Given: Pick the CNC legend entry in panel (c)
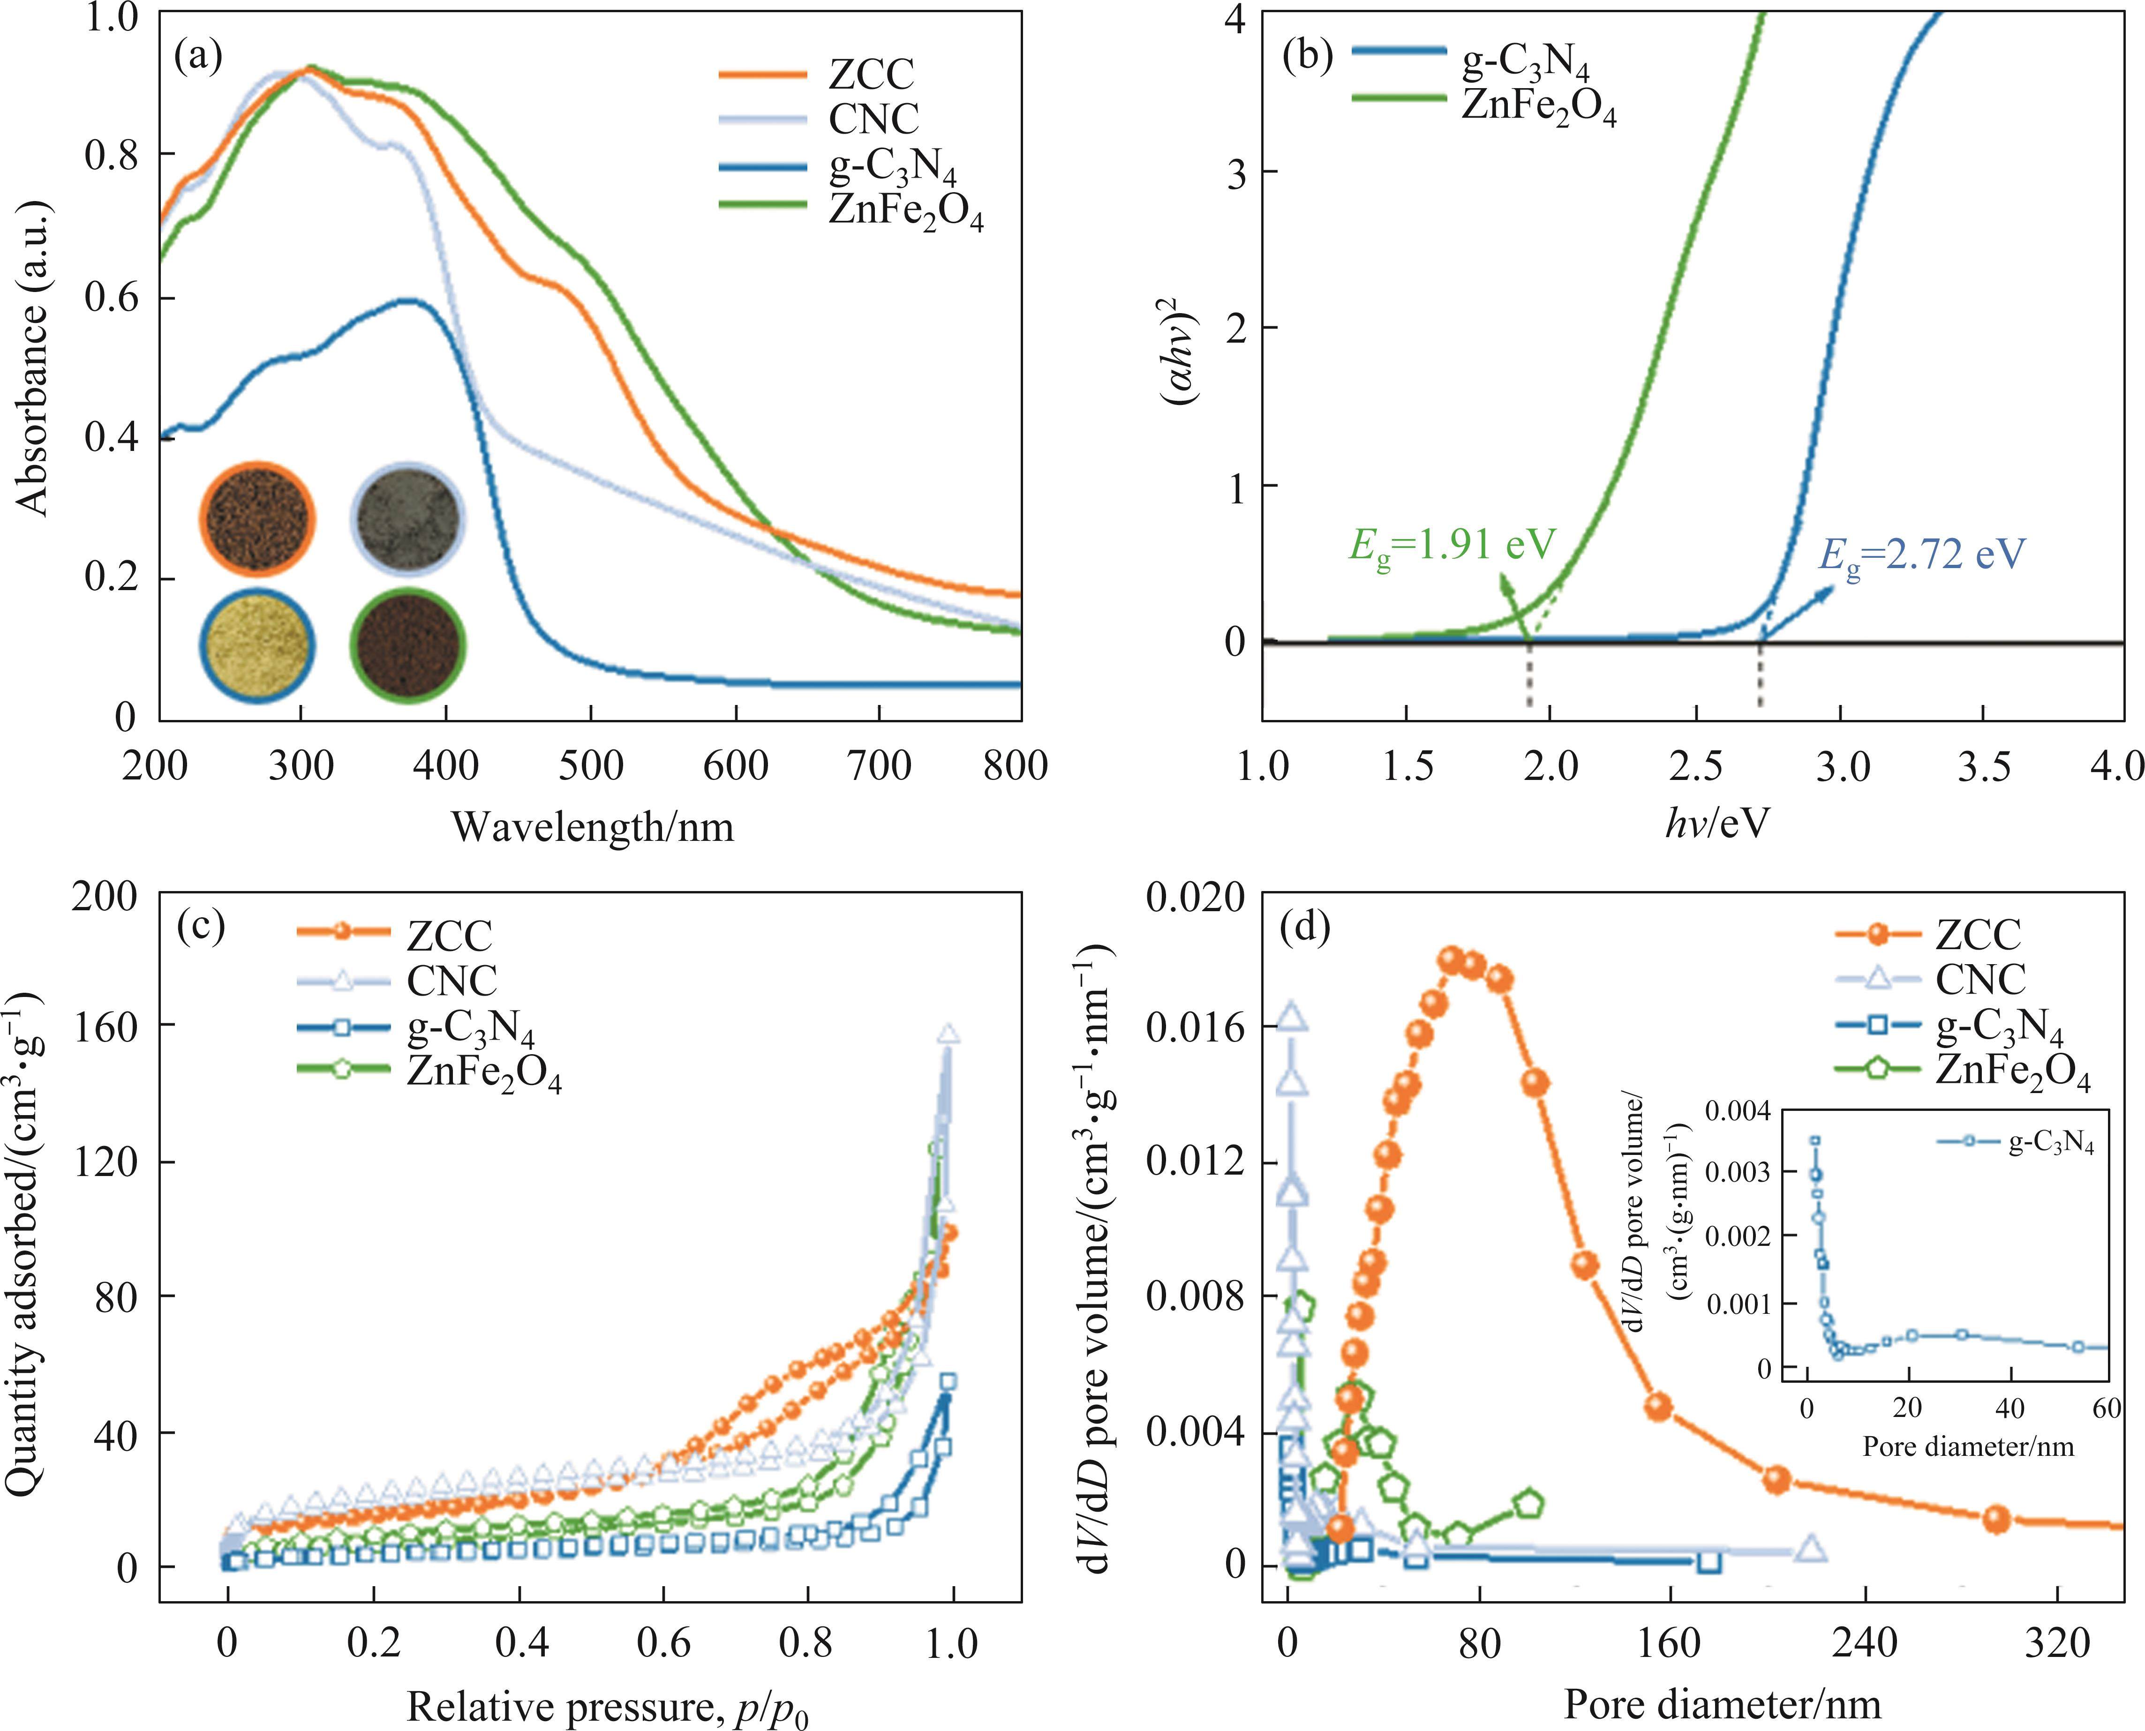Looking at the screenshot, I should (x=451, y=981).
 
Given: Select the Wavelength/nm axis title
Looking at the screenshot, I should (x=592, y=827).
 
